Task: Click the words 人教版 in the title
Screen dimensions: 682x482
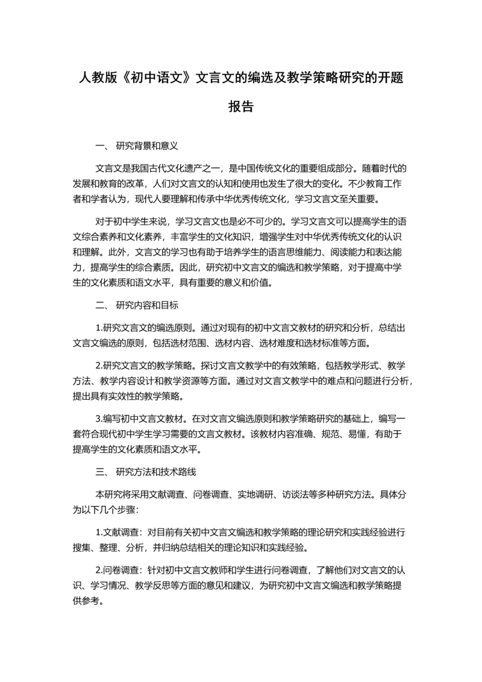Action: [98, 78]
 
